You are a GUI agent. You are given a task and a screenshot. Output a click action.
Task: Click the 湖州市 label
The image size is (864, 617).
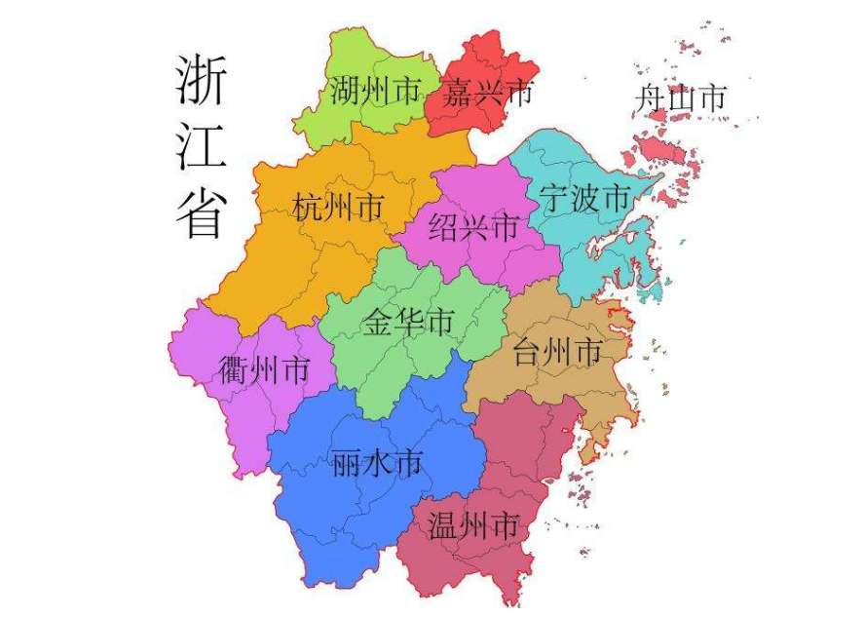(375, 93)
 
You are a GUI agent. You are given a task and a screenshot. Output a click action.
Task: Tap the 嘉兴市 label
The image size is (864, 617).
(487, 94)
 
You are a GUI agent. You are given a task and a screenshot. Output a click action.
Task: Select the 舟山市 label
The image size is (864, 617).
(681, 97)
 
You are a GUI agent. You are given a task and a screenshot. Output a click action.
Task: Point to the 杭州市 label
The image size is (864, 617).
(337, 208)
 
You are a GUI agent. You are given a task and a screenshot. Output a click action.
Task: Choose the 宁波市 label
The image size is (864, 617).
(584, 199)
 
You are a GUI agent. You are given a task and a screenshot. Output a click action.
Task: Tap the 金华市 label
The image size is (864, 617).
(409, 322)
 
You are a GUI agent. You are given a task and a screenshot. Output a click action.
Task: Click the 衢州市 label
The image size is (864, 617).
(265, 370)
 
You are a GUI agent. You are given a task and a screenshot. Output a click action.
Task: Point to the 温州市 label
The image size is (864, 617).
(472, 526)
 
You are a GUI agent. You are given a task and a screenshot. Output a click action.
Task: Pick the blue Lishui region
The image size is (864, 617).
(321, 507)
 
